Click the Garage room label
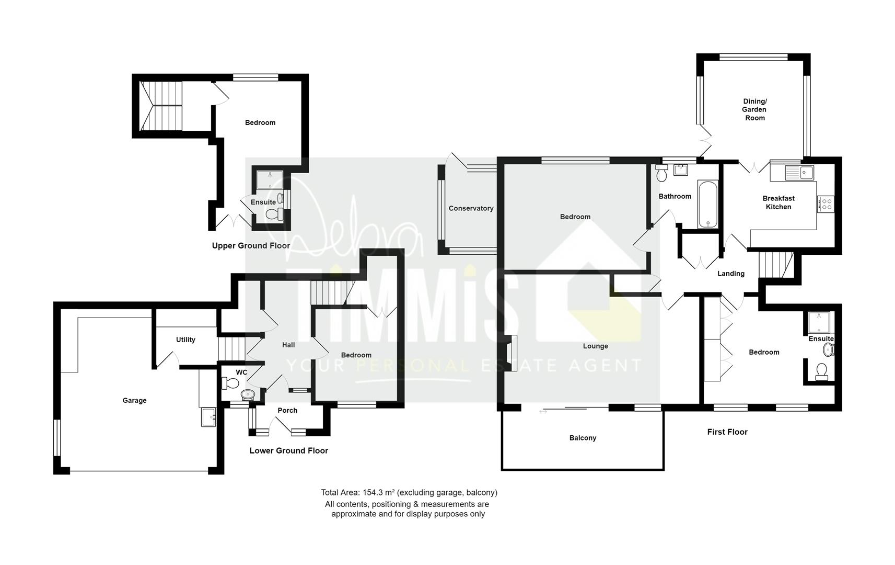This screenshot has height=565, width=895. pos(134,401)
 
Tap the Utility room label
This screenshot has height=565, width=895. pos(185,340)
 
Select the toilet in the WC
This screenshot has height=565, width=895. pos(228,383)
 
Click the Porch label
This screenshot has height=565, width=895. pos(287,411)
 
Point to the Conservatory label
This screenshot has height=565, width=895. pos(471,209)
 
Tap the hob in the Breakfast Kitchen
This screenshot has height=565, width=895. pos(826,204)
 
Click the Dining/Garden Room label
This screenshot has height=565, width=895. pos(754,110)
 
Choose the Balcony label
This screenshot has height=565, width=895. pos(583,438)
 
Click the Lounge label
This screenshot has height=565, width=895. pos(595,346)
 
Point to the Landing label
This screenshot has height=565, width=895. pos(730,274)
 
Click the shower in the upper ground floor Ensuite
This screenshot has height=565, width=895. pos(270,179)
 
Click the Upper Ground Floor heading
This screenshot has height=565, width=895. pos(251,246)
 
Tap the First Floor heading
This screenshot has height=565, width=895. pos(727,432)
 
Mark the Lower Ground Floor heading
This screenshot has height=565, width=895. pos(288,451)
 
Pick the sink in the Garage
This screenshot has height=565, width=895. pos(208,417)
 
